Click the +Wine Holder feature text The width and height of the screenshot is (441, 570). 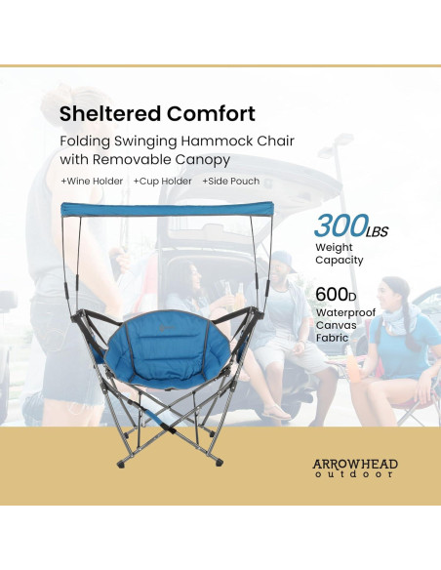pyautogui.click(x=92, y=182)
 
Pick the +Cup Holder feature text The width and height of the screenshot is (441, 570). pyautogui.click(x=162, y=182)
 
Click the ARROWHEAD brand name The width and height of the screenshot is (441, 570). pyautogui.click(x=355, y=464)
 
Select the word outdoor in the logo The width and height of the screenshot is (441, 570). pyautogui.click(x=355, y=475)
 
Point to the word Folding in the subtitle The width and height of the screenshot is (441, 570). pyautogui.click(x=85, y=142)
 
